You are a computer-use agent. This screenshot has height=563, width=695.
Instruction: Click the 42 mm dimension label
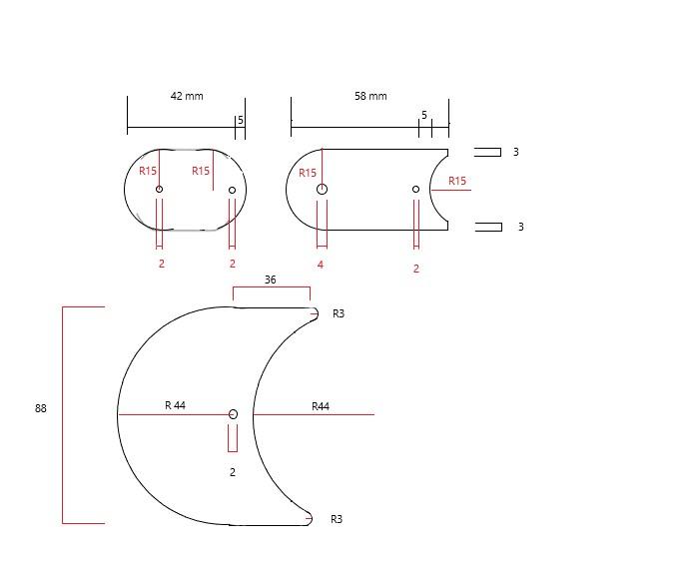(187, 96)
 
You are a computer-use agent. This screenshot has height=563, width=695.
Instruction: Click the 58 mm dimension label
(370, 96)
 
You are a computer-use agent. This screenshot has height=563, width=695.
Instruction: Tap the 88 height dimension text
(41, 408)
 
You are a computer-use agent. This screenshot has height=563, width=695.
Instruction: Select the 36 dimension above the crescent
(271, 281)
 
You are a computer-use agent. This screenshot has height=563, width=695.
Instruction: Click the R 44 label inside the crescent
(175, 405)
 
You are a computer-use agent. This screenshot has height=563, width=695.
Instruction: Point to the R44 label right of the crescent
(321, 406)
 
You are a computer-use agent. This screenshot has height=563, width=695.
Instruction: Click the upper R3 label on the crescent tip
(339, 313)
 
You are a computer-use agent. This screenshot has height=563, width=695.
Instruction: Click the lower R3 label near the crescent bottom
(337, 519)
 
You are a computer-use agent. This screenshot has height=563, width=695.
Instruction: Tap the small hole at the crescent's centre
(233, 413)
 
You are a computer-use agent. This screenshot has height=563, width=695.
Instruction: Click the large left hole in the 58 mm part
(322, 189)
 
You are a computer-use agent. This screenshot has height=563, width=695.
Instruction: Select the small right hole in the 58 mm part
(416, 189)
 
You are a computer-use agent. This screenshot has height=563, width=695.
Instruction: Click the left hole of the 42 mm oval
(159, 189)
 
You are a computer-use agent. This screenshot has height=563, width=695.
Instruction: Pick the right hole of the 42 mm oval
(233, 190)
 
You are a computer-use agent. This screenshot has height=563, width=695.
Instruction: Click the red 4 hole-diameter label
(321, 265)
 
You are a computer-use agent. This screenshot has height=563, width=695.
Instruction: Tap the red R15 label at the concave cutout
(457, 181)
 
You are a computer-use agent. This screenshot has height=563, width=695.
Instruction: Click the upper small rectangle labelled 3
(487, 152)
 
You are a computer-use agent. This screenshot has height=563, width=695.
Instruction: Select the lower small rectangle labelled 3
(488, 227)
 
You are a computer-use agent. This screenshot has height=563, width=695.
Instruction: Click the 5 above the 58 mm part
(423, 116)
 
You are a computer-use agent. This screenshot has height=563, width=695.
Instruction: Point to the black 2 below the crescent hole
(233, 472)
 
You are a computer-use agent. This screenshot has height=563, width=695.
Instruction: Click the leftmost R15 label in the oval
(148, 171)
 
